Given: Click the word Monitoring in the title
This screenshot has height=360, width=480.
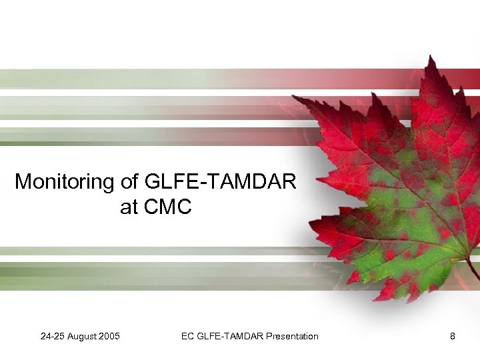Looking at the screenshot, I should click(59, 181).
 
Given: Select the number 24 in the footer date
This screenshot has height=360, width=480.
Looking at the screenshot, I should click(45, 336).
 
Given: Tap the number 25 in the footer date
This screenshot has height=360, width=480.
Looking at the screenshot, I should click(59, 336).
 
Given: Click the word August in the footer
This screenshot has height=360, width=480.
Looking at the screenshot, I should click(82, 336).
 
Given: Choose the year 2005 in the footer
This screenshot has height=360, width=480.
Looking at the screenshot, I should click(109, 336).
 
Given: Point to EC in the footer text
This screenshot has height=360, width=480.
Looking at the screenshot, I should click(187, 336).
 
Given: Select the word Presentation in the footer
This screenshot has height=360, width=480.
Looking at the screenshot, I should click(292, 336).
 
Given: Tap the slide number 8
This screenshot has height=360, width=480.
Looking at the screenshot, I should click(453, 336).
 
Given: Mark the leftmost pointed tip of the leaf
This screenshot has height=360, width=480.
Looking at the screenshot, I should click(293, 97).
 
